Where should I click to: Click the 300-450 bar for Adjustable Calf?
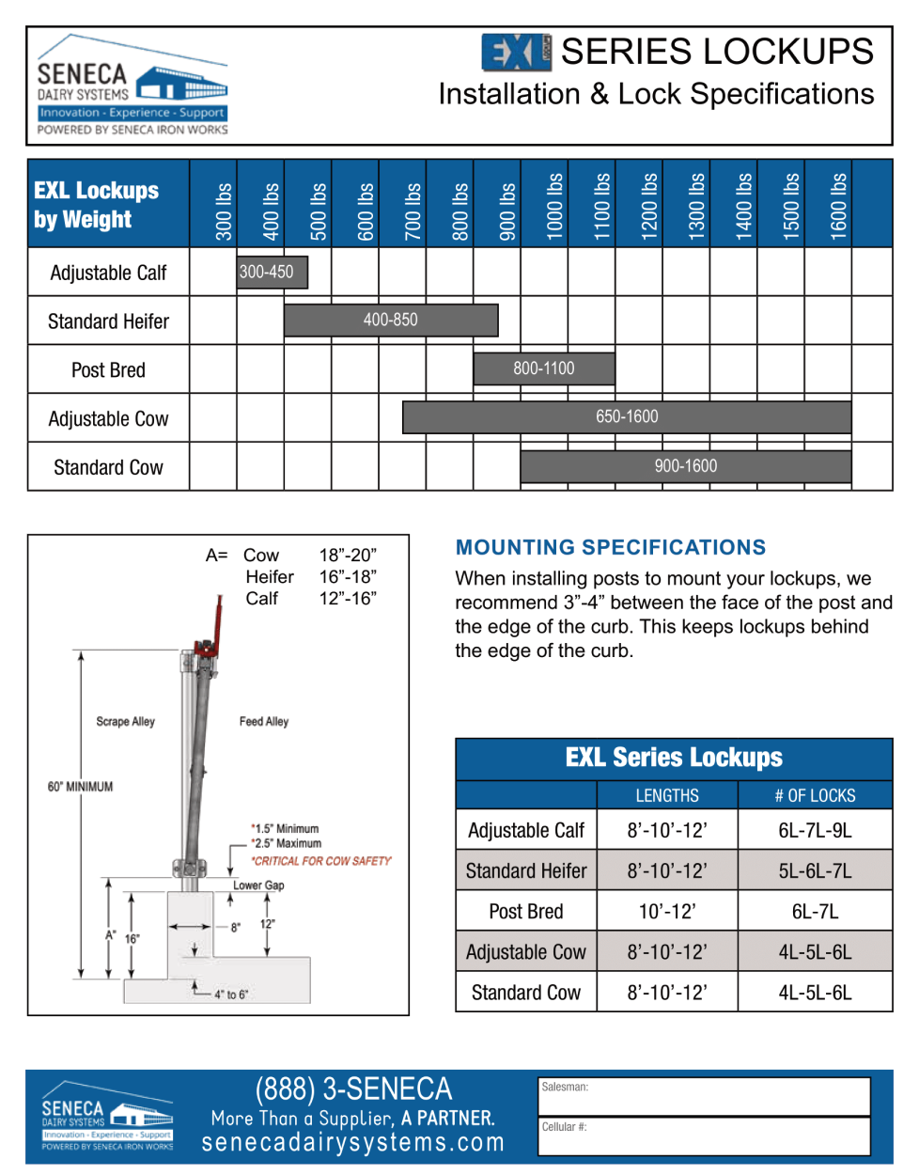tap(273, 272)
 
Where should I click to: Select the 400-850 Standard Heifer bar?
tap(391, 321)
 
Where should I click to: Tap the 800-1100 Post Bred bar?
tap(544, 368)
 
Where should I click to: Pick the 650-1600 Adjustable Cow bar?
tap(627, 417)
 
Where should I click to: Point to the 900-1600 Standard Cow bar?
tap(686, 466)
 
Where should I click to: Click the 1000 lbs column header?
tap(554, 207)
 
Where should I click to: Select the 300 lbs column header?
tap(223, 211)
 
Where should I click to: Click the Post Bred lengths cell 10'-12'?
tap(667, 912)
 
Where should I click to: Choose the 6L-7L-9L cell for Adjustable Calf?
tap(815, 830)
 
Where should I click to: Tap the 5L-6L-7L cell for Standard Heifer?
tap(815, 870)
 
